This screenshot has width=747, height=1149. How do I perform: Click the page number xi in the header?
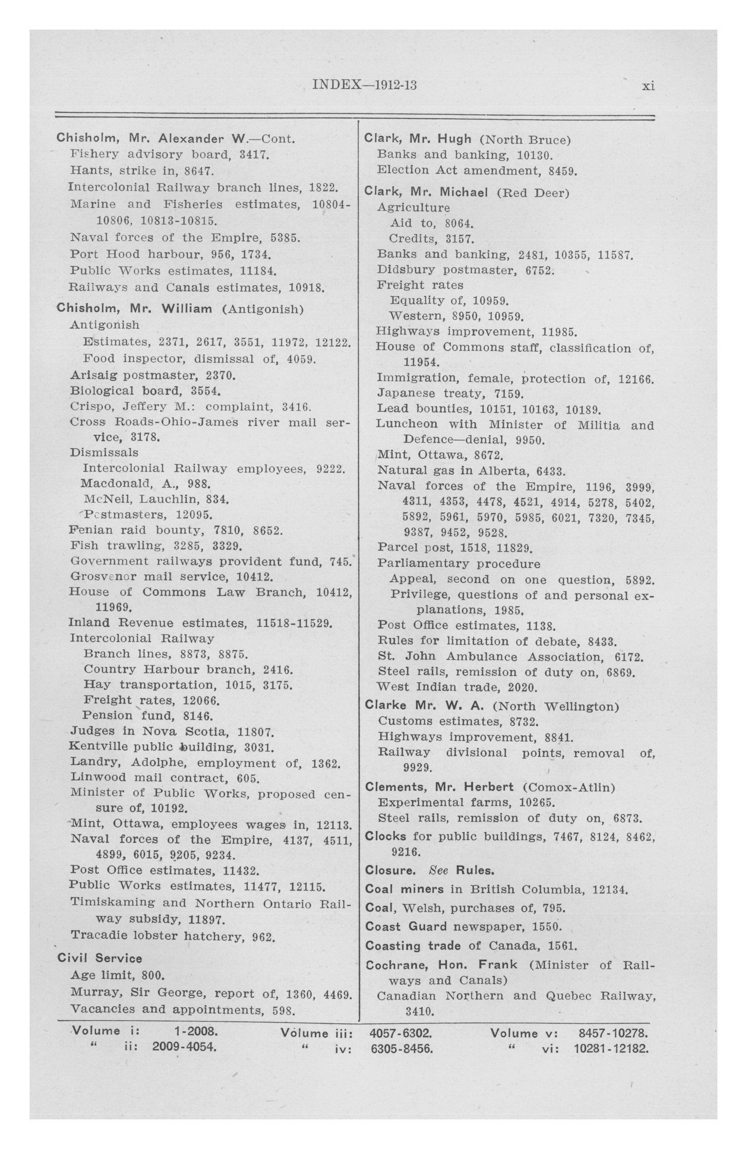pos(648,87)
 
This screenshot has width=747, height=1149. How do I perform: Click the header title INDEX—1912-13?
pos(364,85)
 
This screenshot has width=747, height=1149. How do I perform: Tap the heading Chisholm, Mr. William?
pos(134,309)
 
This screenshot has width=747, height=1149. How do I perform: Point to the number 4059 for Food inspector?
pos(301,359)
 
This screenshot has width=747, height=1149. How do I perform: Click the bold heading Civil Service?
pos(100,958)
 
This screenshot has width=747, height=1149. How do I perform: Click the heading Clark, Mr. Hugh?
pos(418,139)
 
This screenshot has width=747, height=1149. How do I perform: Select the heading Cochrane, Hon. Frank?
pos(441,965)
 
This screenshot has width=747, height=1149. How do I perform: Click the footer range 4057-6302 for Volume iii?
pos(400,1034)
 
